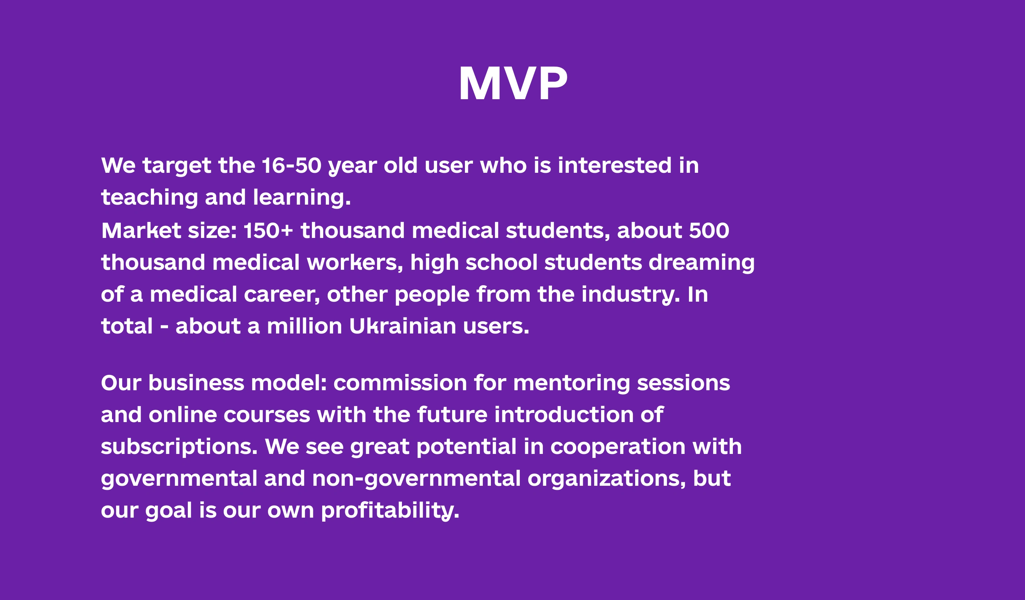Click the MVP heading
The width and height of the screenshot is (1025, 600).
[513, 83]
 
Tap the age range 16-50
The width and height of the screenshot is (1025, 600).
[292, 165]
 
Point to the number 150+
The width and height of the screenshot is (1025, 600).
[268, 231]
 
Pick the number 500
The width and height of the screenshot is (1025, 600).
[709, 231]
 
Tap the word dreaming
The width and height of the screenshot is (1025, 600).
[702, 263]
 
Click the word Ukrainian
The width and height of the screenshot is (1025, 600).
[403, 326]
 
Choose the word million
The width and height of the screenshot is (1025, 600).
[304, 326]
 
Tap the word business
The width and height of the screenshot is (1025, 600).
[197, 383]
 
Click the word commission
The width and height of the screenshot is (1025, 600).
[400, 383]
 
